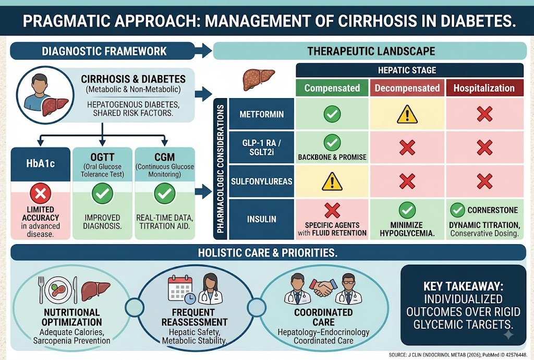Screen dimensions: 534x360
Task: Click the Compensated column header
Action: pyautogui.click(x=332, y=88)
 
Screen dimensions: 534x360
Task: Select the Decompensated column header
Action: pyautogui.click(x=407, y=88)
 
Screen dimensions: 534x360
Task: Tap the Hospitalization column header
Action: pyautogui.click(x=484, y=88)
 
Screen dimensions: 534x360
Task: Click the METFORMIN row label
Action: pyautogui.click(x=262, y=114)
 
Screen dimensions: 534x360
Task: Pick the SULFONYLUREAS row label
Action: pyautogui.click(x=262, y=181)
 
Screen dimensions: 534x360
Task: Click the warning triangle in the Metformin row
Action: pyautogui.click(x=407, y=114)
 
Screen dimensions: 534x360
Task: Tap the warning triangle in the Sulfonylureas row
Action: pyautogui.click(x=332, y=181)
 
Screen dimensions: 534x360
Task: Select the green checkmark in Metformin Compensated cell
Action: pyautogui.click(x=332, y=114)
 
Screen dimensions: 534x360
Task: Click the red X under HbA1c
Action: pyautogui.click(x=41, y=194)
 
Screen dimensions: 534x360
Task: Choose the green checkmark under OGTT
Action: pyautogui.click(x=102, y=194)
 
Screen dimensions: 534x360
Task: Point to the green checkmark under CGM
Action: pyautogui.click(x=164, y=194)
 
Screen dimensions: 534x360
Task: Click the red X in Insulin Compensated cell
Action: pyautogui.click(x=332, y=210)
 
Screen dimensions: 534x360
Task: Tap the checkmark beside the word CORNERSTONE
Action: pyautogui.click(x=457, y=210)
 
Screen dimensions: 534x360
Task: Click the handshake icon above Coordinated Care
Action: pyautogui.click(x=323, y=288)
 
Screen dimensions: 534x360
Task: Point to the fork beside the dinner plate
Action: pyautogui.click(x=42, y=289)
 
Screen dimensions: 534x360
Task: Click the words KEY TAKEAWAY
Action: pyautogui.click(x=463, y=286)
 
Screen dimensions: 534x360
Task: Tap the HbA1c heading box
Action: pyautogui.click(x=41, y=164)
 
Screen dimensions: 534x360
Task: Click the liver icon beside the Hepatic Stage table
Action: pyautogui.click(x=259, y=79)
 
